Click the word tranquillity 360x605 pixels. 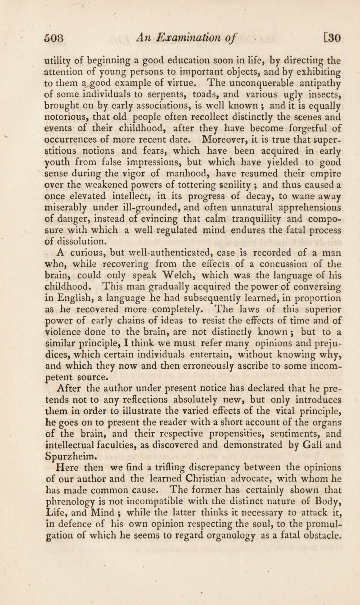242,225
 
